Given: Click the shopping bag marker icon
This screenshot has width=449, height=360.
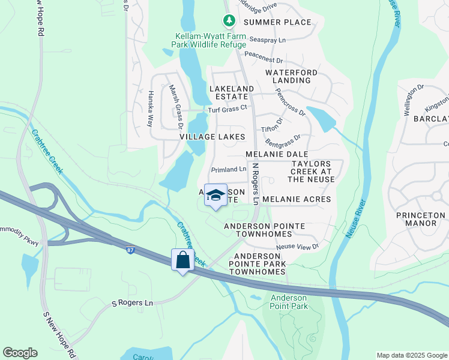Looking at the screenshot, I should (x=183, y=260).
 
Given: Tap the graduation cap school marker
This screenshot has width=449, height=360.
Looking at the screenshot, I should (x=215, y=196).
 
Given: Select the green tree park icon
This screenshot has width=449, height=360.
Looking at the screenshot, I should (x=229, y=21).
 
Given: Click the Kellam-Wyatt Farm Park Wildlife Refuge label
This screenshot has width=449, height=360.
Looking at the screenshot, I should (x=208, y=40).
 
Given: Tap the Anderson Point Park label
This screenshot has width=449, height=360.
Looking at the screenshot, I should (x=289, y=302).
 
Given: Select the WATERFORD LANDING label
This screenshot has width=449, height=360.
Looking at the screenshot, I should (x=291, y=76).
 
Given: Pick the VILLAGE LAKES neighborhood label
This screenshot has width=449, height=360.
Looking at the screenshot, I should (x=212, y=137).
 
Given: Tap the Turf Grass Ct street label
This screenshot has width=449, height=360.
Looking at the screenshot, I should (x=228, y=109).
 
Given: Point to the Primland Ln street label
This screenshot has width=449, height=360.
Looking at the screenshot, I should (x=229, y=170).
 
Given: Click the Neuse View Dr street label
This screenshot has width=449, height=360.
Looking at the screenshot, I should (x=297, y=247).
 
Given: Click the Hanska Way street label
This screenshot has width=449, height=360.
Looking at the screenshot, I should (x=150, y=109).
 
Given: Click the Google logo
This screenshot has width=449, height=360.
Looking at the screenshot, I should (x=20, y=353).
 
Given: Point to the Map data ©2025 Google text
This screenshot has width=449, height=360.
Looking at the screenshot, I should (x=411, y=355).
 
